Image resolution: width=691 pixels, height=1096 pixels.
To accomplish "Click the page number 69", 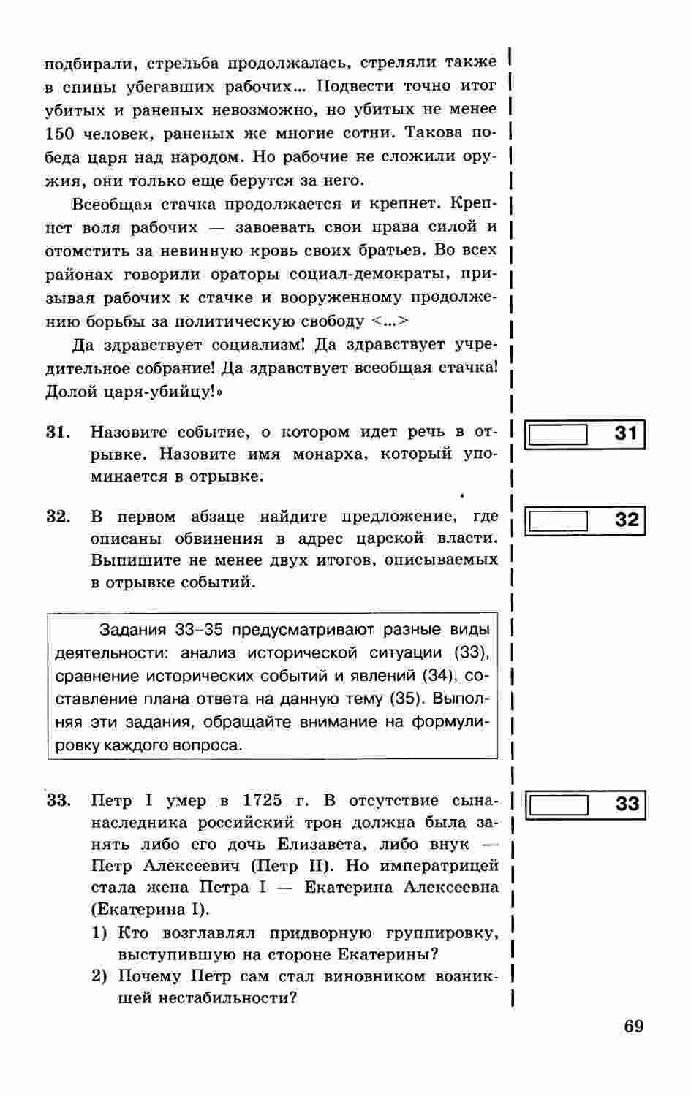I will (634, 1026).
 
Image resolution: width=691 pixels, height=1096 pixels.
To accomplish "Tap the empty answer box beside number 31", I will (558, 435).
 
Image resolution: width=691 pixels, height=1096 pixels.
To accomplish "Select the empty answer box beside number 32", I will (558, 521).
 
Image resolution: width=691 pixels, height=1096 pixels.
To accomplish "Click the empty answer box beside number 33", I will (558, 804).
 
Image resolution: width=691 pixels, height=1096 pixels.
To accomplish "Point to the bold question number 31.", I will (58, 433).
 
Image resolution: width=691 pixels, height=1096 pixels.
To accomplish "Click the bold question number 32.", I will (58, 517).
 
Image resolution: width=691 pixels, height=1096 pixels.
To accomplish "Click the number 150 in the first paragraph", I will (59, 134).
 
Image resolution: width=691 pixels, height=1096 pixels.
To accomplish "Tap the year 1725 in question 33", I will (262, 801).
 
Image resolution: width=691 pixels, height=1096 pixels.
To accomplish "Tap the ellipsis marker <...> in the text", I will (390, 321).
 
